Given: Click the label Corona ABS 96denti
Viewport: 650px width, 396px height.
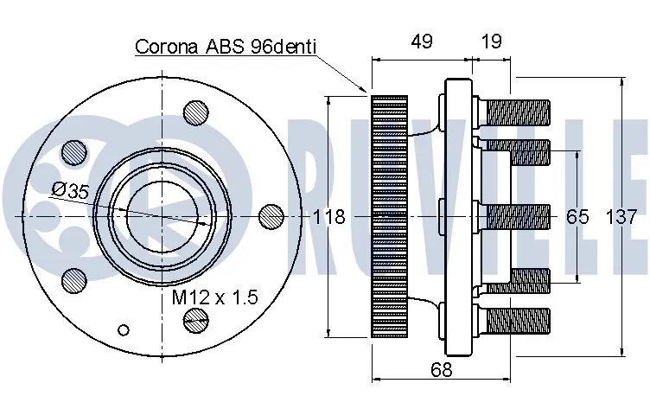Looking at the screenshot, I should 226,47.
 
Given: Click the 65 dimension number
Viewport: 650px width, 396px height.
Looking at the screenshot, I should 577,216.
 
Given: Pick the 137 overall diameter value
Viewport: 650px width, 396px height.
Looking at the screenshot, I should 628,216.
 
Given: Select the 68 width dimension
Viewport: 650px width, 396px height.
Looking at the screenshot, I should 441,371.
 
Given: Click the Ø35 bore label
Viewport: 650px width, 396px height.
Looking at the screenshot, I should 70,191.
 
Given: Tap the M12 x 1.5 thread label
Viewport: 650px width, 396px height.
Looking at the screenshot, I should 214,297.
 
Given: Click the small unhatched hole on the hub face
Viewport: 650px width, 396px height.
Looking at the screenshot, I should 124,329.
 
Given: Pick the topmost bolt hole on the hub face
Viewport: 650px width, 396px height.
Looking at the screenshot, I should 197,112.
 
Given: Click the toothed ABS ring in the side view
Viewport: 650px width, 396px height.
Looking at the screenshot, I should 389,216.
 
